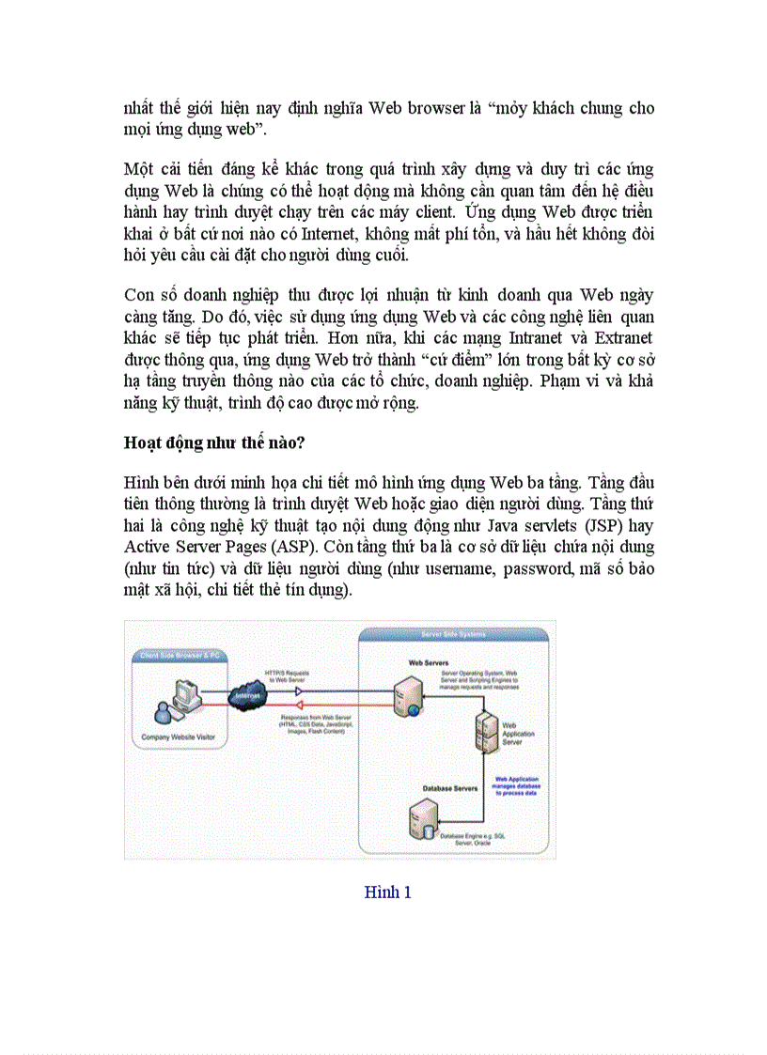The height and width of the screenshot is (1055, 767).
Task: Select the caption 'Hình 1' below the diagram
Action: (x=387, y=892)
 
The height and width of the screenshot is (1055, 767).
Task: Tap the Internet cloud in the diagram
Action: (x=247, y=696)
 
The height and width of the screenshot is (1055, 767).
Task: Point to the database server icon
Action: (x=422, y=818)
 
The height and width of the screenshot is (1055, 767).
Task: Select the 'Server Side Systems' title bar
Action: (x=454, y=635)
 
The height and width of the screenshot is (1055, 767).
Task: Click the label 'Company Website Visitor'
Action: (x=179, y=737)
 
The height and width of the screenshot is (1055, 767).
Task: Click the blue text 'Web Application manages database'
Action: (x=518, y=782)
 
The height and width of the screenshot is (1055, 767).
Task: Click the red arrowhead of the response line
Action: (x=300, y=704)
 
